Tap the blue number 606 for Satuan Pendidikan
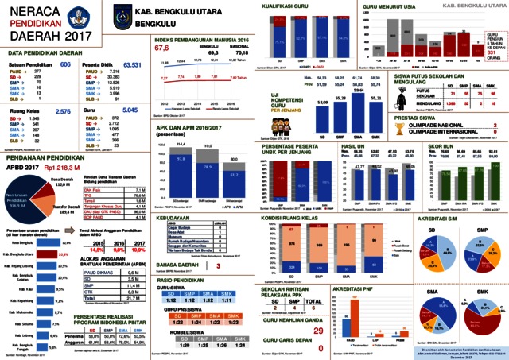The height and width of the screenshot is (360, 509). [x=65, y=64]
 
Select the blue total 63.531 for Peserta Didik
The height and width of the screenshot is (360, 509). [x=132, y=64]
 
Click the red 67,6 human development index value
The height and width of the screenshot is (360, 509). [x=165, y=48]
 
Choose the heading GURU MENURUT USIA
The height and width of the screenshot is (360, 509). [x=389, y=6]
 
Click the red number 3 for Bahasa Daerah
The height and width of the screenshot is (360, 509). [x=218, y=266]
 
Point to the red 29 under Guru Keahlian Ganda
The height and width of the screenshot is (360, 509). [x=318, y=308]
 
